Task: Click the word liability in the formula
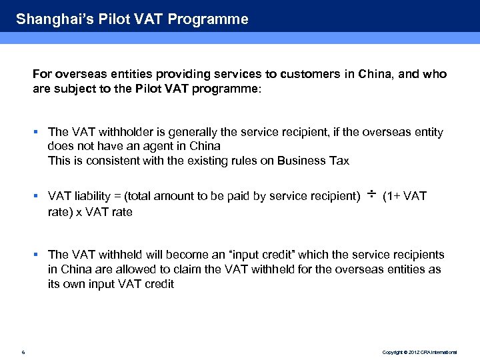(x=96, y=197)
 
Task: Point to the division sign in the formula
(x=371, y=195)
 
